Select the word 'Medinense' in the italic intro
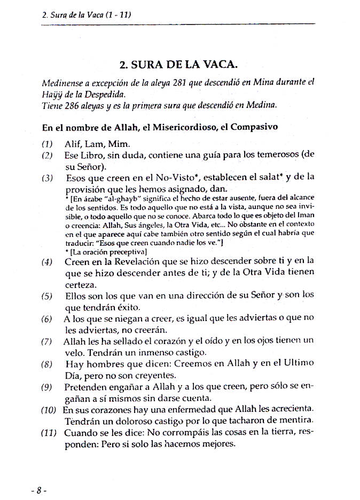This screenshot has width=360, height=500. pyautogui.click(x=61, y=83)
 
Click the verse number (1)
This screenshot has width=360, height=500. pyautogui.click(x=47, y=144)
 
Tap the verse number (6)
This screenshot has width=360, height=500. pyautogui.click(x=47, y=319)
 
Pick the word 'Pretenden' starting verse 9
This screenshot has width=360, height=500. pyautogui.click(x=87, y=387)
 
